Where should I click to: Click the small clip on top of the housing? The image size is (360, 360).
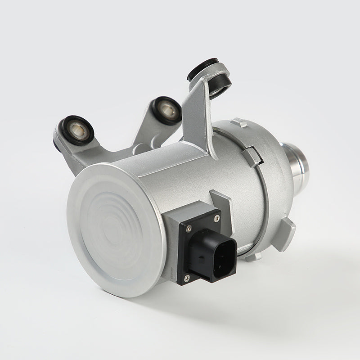coord(239,122)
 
